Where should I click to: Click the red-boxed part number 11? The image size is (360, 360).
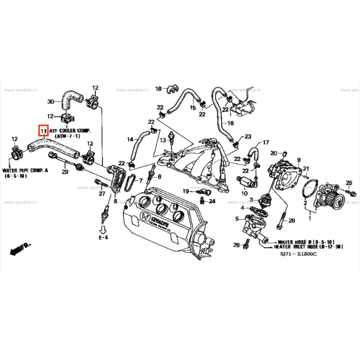[x=43, y=131]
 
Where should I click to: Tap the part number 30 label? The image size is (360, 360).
[x=51, y=102]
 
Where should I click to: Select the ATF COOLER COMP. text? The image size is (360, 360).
[x=70, y=131]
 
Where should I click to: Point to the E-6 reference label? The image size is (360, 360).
[x=103, y=238]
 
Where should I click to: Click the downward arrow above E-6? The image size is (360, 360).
[x=103, y=230]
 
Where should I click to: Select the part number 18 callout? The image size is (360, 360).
[x=158, y=89]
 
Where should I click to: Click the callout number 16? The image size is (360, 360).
[x=230, y=123]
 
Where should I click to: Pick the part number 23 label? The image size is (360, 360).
[x=248, y=136]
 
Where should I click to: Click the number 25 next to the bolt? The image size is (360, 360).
[x=349, y=182]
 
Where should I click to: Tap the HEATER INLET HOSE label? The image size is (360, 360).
[x=308, y=247]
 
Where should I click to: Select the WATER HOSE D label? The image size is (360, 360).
[x=306, y=242]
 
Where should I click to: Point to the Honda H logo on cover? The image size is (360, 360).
[x=144, y=217]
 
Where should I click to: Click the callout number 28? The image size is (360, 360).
[x=291, y=221]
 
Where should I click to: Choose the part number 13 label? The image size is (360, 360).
[x=163, y=140]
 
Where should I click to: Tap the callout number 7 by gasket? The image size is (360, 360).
[x=140, y=181]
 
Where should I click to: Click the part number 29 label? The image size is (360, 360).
[x=64, y=172]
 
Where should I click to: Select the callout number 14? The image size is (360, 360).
[x=130, y=140]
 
